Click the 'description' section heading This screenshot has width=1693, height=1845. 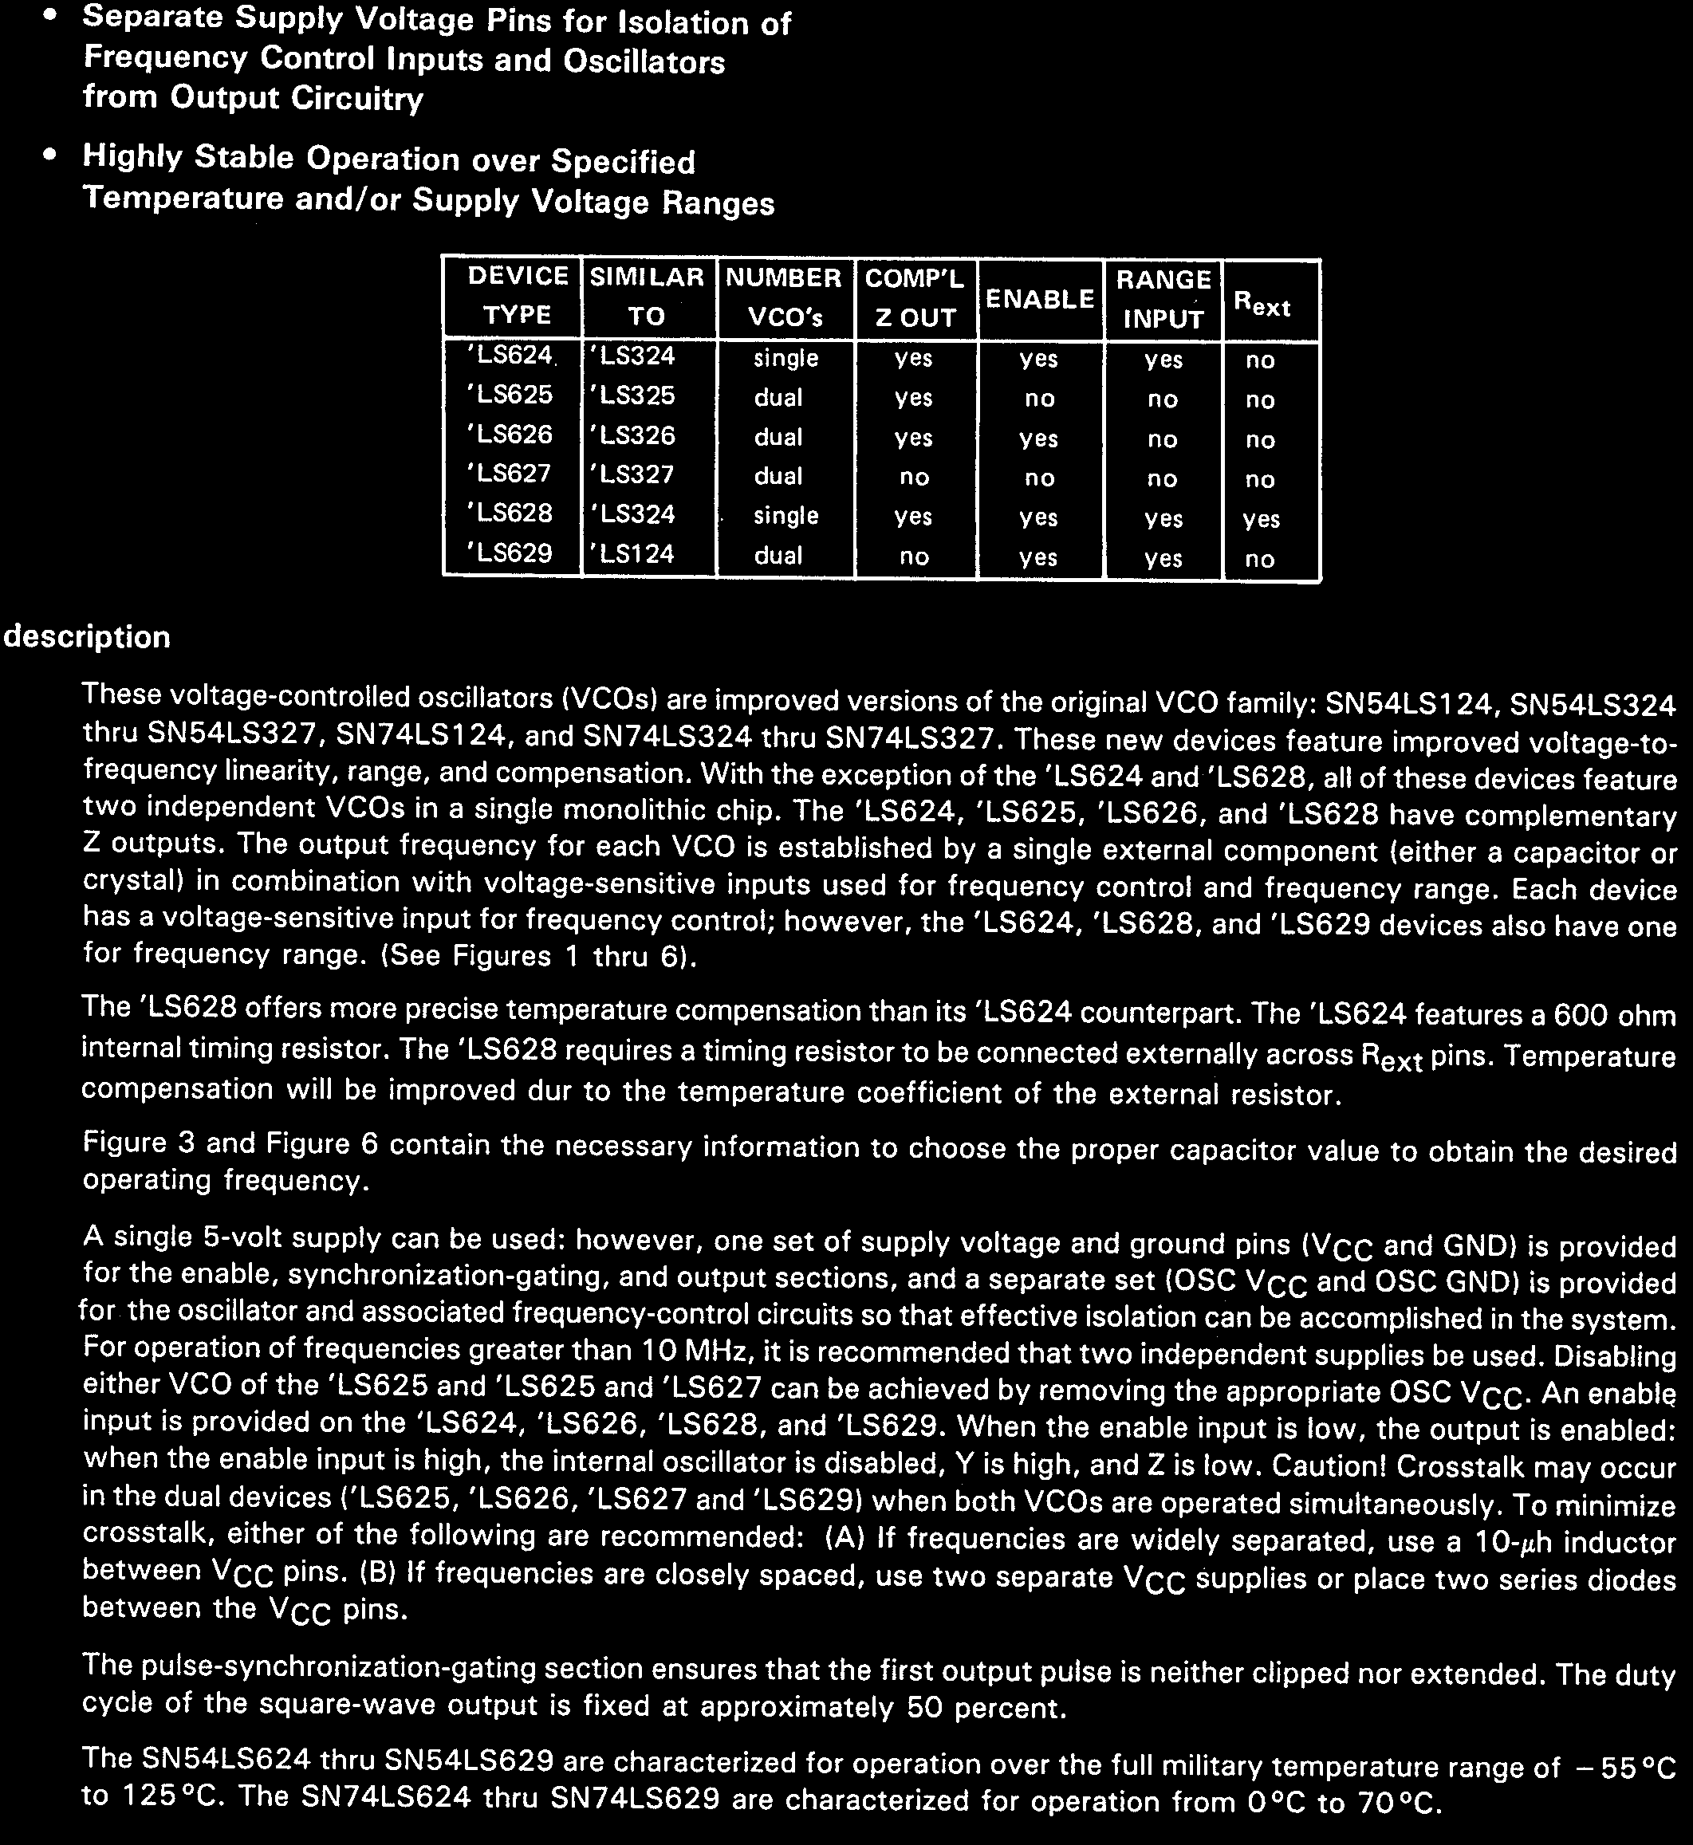click(x=87, y=637)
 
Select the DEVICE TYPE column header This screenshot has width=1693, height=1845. click(x=518, y=295)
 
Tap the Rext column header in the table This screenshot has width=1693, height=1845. click(x=1262, y=304)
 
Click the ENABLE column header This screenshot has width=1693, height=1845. click(x=1040, y=299)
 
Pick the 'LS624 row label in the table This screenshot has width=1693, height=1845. click(x=511, y=356)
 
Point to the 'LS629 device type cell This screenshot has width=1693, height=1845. click(x=511, y=553)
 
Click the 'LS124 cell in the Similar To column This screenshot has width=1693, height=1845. click(x=633, y=554)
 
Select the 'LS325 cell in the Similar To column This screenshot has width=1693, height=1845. click(x=633, y=395)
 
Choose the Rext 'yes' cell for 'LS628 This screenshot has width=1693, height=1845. click(x=1261, y=519)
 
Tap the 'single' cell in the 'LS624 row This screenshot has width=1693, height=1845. click(x=785, y=358)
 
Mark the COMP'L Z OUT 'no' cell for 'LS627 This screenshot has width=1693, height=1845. click(x=913, y=478)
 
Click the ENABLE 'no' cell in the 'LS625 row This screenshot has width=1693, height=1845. click(x=1039, y=399)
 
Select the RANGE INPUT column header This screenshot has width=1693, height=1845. click(x=1163, y=299)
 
